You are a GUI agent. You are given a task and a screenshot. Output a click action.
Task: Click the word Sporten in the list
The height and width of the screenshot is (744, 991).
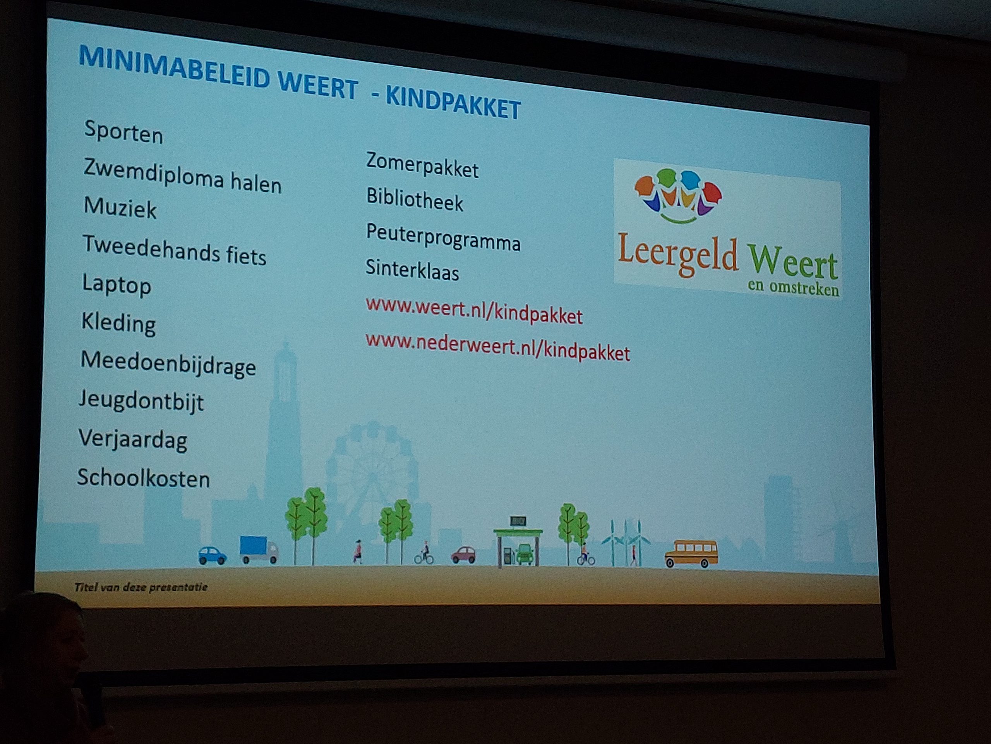[x=123, y=132]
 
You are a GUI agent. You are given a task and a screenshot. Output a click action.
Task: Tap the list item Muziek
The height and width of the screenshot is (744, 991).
[x=120, y=208]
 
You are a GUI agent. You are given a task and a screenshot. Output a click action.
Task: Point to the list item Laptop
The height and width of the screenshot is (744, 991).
[x=117, y=285]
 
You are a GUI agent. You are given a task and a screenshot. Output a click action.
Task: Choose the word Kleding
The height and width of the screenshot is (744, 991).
[x=118, y=323]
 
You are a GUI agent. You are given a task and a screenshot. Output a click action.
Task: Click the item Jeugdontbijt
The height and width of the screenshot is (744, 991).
[x=141, y=400]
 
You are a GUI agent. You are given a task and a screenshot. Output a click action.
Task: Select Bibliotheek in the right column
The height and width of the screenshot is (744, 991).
[x=415, y=199]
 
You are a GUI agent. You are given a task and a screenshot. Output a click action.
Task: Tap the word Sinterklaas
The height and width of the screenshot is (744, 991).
[x=412, y=270]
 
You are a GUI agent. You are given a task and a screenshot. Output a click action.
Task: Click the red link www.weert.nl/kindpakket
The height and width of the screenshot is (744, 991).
[x=474, y=310]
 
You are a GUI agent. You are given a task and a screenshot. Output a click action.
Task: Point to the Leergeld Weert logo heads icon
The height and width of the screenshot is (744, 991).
[x=677, y=195]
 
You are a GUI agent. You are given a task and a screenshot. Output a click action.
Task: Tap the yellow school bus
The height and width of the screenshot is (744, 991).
[x=691, y=554]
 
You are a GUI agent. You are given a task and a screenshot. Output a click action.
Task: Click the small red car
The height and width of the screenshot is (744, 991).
[x=463, y=555]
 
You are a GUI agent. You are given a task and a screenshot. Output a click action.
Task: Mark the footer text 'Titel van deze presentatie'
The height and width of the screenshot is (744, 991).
[x=141, y=587]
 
